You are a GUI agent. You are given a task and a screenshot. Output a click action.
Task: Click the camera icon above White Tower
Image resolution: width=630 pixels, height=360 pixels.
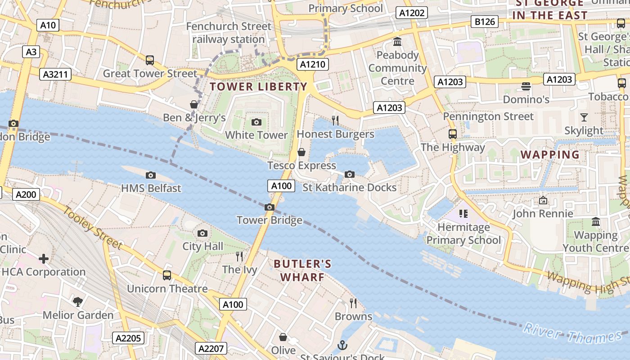click(256, 122)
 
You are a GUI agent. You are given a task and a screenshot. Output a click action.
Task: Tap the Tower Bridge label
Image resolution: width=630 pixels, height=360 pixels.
click(270, 220)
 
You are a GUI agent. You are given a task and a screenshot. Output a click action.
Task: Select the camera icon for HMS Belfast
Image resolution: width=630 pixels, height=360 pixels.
click(151, 175)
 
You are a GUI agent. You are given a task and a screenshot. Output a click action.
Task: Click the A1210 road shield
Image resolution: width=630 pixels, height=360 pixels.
click(313, 64)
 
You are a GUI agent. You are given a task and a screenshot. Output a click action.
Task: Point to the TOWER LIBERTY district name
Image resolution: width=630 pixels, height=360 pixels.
click(258, 86)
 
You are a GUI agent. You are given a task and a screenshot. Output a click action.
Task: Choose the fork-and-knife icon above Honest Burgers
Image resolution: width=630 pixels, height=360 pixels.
click(335, 120)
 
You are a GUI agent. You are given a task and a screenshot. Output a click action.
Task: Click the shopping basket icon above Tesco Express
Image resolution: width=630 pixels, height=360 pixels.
click(301, 152)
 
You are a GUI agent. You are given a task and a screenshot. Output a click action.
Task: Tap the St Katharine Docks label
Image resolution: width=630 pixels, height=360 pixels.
click(350, 187)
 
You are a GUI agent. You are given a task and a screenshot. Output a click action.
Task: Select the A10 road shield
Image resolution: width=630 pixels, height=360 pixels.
click(48, 25)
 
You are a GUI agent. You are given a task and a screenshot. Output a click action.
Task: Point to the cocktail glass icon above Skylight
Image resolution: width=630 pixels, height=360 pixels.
click(584, 117)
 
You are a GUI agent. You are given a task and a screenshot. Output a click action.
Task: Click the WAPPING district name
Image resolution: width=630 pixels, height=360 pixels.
click(550, 154)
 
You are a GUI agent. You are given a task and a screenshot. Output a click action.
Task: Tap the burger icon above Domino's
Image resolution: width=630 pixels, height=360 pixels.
click(526, 86)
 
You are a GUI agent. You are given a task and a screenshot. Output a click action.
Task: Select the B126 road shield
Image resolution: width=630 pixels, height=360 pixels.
click(485, 21)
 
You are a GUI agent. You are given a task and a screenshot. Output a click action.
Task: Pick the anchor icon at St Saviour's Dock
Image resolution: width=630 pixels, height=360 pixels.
click(343, 345)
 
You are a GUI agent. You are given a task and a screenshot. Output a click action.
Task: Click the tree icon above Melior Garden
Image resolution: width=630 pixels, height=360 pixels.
click(78, 301)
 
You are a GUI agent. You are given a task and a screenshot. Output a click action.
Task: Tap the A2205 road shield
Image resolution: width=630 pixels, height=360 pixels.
click(128, 338)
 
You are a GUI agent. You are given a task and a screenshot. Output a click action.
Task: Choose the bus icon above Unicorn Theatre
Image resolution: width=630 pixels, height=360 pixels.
click(167, 275)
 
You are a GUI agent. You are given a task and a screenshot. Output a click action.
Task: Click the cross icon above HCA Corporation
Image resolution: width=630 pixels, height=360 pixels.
click(44, 258)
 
